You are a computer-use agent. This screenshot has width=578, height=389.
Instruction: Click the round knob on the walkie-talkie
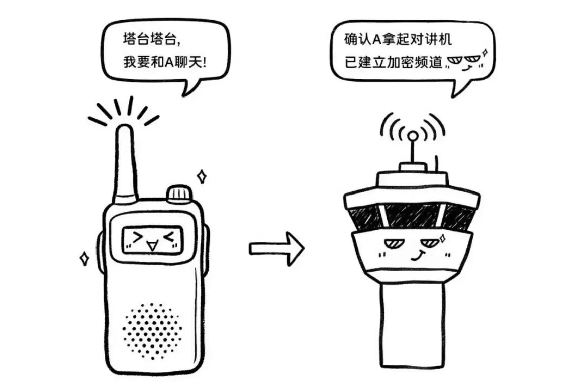pyautogui.click(x=179, y=193)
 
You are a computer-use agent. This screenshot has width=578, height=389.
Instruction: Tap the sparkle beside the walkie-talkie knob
pyautogui.click(x=202, y=176)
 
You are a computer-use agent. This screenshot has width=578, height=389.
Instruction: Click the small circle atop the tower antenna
pyautogui.click(x=412, y=135)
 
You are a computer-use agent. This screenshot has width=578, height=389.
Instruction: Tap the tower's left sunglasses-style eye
pyautogui.click(x=392, y=245)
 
